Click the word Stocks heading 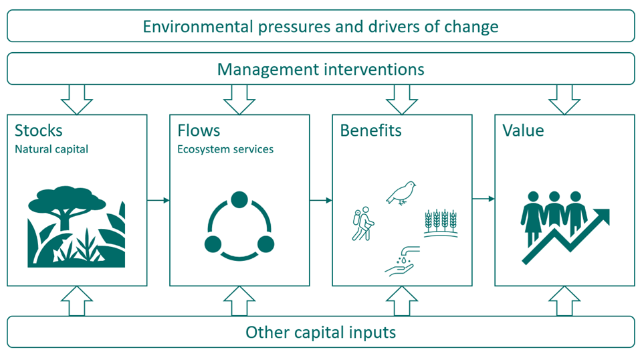(x=39, y=130)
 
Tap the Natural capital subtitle (x=51, y=149)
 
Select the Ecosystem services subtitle (x=225, y=149)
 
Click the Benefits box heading (x=370, y=130)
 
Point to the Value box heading (x=523, y=130)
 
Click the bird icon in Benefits (x=401, y=193)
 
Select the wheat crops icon (x=441, y=223)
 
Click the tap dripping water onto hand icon (x=402, y=261)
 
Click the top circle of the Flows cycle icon (x=239, y=199)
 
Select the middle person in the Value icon (x=554, y=211)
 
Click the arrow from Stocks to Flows (x=158, y=200)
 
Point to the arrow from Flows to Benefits (x=321, y=200)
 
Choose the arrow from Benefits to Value (x=483, y=199)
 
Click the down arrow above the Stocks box (x=77, y=100)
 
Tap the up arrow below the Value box (x=564, y=300)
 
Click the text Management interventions (x=320, y=70)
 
